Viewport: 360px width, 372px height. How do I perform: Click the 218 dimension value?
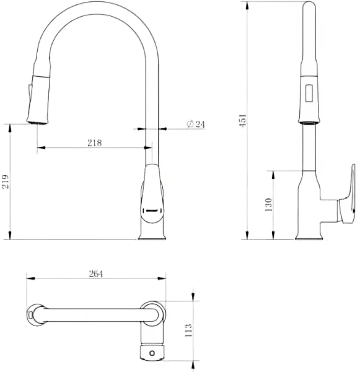coord(94,142)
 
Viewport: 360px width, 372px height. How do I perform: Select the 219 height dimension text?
coord(6,181)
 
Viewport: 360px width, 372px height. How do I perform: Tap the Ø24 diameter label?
coord(195,124)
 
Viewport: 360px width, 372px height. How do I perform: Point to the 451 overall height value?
coord(243,120)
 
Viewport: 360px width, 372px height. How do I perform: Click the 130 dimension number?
coord(268,205)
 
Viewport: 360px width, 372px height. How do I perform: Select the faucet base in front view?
coord(152,232)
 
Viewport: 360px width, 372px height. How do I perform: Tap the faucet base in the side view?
coord(309,233)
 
